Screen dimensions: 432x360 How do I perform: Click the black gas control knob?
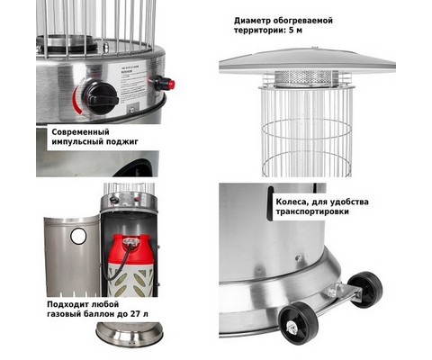point(100,97)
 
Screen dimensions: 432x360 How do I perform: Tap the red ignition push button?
point(171,85)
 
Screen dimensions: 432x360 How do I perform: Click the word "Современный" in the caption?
point(80,132)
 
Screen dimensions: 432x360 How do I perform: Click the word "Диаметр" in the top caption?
point(253,21)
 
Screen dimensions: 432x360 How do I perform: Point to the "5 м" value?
point(296,31)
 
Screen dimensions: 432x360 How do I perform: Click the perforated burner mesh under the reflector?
point(307,78)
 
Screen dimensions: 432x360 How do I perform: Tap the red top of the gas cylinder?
point(130,247)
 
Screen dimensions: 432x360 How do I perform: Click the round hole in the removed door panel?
point(78,236)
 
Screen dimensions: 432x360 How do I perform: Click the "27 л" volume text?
point(139,314)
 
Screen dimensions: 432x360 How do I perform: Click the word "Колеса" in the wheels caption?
point(292,202)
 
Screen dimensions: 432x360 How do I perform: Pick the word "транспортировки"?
point(312,211)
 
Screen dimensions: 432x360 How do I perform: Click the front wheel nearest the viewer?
point(299,323)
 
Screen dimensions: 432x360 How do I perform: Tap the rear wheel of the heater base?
point(365,285)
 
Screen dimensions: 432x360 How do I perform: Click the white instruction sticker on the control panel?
point(132,85)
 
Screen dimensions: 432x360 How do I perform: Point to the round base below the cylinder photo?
point(130,335)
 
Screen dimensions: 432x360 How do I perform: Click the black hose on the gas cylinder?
point(119,262)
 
